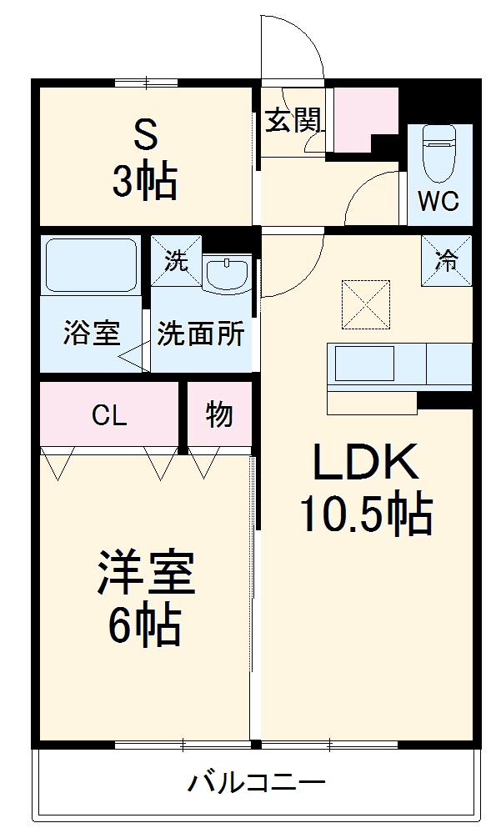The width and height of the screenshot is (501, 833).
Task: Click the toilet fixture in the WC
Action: point(438,153)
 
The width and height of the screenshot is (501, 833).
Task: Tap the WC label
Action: point(438,203)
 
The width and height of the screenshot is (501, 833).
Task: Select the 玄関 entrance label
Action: point(293,121)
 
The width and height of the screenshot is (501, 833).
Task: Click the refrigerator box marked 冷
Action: point(447,260)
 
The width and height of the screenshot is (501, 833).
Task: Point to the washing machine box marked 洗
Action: point(176,261)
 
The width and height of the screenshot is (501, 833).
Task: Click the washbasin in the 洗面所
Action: point(227,273)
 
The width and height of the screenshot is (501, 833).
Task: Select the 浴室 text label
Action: point(91,334)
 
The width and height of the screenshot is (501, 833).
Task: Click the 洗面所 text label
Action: point(201,334)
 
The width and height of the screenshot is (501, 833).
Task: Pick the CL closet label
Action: point(109,415)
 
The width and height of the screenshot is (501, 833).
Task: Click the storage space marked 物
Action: point(218,415)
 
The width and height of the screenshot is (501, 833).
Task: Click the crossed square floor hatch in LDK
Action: point(365,306)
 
